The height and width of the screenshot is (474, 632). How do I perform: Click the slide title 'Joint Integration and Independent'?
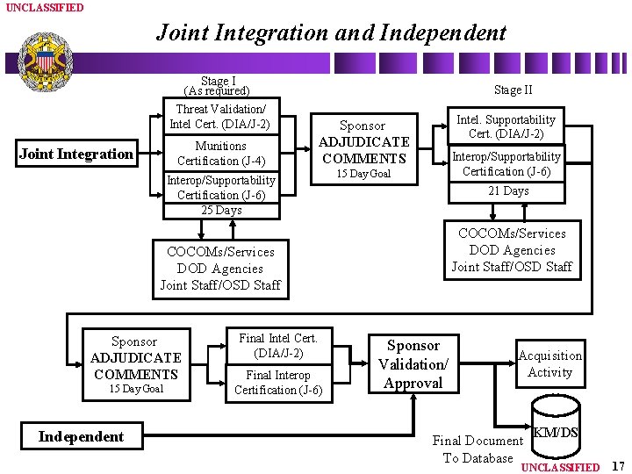[331, 33]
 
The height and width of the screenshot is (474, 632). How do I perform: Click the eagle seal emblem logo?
[43, 62]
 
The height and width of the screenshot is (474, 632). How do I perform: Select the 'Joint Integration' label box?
[75, 154]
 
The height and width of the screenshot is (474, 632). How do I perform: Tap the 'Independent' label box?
[81, 436]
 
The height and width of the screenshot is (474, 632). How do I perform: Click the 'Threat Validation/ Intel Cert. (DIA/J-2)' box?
[221, 117]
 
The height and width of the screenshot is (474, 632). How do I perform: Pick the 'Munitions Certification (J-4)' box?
[221, 154]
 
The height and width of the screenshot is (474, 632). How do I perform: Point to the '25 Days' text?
[221, 211]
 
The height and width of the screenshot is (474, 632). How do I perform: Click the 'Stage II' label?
[513, 90]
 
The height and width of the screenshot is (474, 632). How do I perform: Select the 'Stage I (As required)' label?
[217, 86]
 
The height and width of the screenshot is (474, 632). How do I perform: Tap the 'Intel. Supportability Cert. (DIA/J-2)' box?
[506, 126]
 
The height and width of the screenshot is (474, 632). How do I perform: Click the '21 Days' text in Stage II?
[508, 190]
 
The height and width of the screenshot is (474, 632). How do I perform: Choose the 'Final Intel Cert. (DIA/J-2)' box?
[278, 346]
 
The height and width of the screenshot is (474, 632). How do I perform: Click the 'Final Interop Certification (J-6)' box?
[278, 383]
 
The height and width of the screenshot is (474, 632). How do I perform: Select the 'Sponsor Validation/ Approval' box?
[413, 364]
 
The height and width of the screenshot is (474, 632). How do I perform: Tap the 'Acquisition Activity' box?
[549, 363]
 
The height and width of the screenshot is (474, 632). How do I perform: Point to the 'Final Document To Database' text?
[478, 449]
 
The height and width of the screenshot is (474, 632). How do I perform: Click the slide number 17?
[617, 466]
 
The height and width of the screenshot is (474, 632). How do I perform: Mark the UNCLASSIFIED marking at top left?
[45, 7]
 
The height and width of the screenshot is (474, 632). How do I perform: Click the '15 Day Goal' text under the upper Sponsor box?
[364, 174]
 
